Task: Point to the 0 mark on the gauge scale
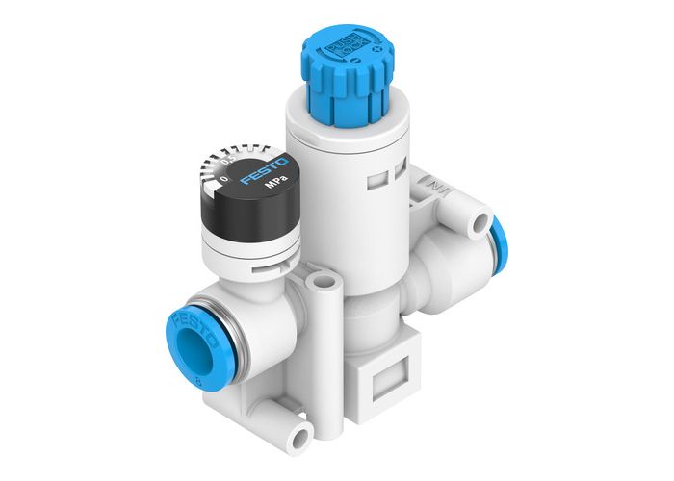(x=224, y=179)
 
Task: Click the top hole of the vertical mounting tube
(x=324, y=282)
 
